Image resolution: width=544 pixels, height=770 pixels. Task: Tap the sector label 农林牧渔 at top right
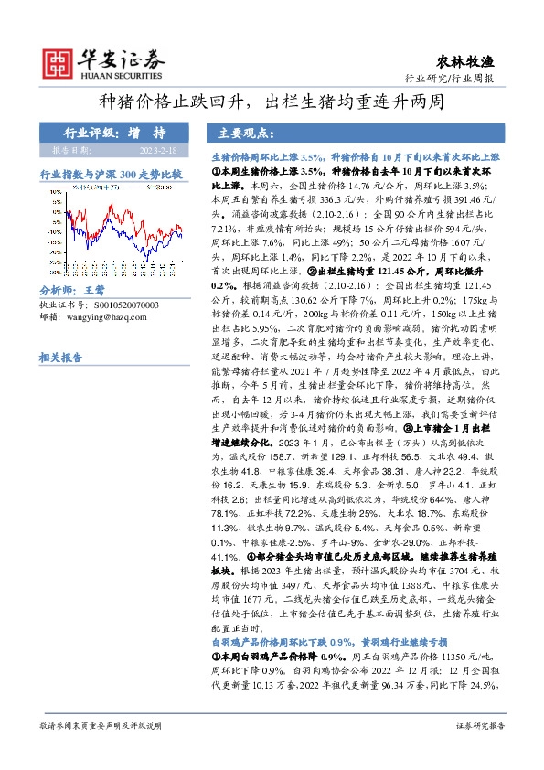(x=475, y=61)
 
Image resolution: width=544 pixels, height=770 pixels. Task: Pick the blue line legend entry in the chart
(x=155, y=187)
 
